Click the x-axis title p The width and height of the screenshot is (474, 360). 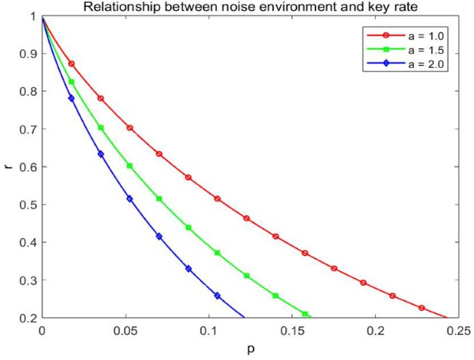[x=250, y=350]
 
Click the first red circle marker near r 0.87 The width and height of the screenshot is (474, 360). [x=71, y=64]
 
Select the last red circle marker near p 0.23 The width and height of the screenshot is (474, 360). [x=421, y=308]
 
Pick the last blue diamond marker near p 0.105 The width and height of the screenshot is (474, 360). [x=217, y=296]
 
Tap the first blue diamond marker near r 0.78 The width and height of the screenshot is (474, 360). [x=71, y=98]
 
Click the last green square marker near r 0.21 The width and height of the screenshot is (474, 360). [x=305, y=314]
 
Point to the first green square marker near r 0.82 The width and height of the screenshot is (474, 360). [x=71, y=82]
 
